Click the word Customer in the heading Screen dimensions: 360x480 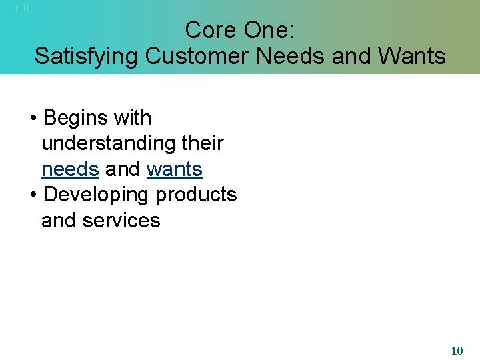[197, 56]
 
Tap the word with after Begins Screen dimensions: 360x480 [133, 118]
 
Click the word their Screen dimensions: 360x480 [201, 143]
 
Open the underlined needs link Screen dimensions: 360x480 [70, 169]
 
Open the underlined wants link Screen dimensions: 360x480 [174, 169]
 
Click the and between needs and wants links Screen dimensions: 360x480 [123, 169]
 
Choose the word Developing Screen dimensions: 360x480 [95, 195]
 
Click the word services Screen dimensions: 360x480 [121, 220]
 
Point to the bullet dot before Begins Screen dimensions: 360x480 [33, 119]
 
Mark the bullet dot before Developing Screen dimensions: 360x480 [33, 195]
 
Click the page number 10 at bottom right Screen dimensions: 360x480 [457, 351]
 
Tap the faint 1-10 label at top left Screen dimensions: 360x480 [23, 8]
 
